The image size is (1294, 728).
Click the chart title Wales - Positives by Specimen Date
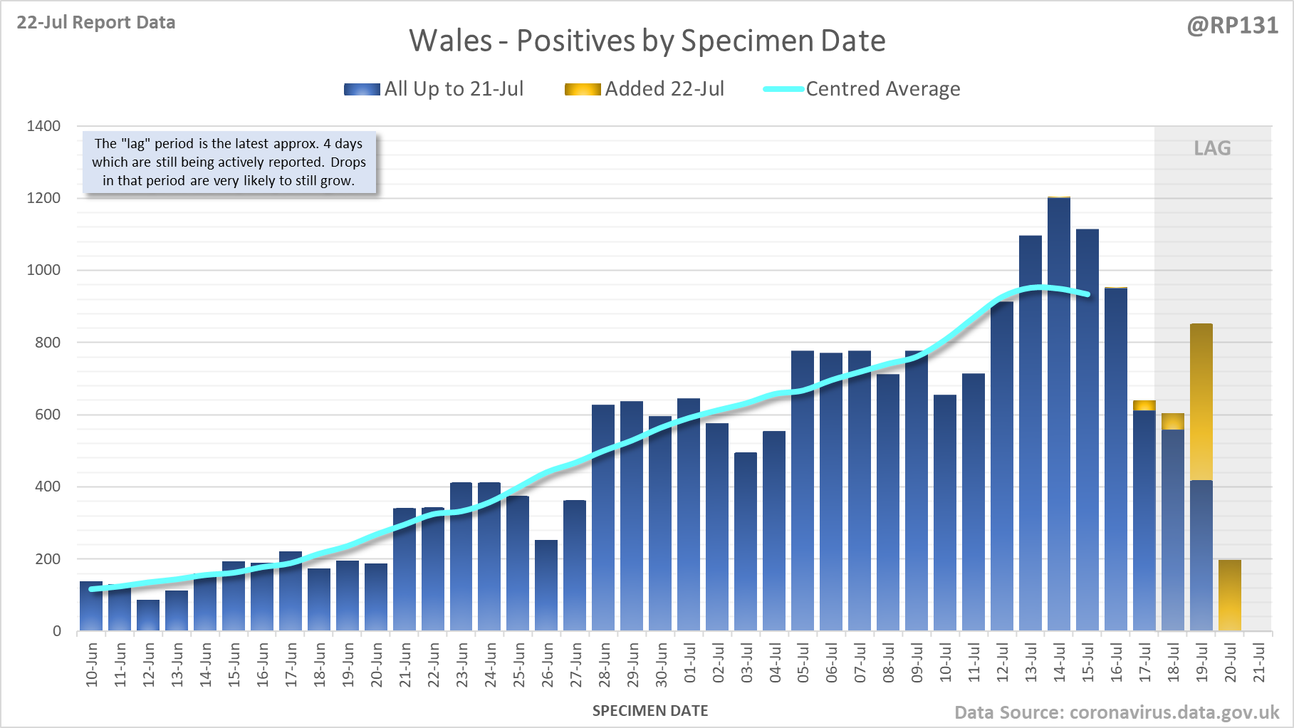pos(647,41)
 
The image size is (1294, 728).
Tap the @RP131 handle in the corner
pos(1232,26)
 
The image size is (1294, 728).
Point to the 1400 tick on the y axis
pos(43,126)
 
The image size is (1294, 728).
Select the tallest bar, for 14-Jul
pos(1059,413)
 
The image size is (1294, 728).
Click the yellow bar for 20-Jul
pos(1230,596)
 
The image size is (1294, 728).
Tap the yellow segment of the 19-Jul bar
pos(1201,402)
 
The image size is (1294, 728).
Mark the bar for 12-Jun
pos(148,615)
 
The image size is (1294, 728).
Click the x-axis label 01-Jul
pos(690,663)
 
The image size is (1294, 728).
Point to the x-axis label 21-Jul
pos(1259,663)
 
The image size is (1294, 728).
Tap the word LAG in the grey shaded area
pos(1212,148)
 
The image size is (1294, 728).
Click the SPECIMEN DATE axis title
pos(650,711)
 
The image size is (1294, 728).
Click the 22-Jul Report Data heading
pos(96,23)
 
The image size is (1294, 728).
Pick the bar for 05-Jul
pos(803,492)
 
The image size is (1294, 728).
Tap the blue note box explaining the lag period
pos(229,162)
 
